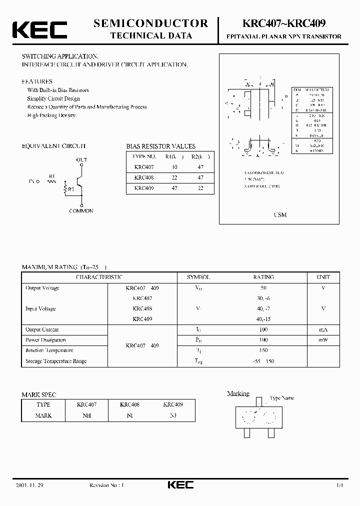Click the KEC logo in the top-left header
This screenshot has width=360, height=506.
39,29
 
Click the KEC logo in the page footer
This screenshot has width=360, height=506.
180,484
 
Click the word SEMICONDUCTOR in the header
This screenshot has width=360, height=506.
151,23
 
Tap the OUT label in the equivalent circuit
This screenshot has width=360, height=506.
81,159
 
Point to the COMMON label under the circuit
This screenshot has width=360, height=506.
81,211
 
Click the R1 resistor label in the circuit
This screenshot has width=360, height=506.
52,176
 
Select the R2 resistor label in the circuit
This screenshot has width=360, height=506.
70,189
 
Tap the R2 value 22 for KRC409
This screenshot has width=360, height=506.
200,188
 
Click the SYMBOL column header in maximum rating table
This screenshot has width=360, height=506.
198,277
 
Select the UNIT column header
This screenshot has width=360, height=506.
323,277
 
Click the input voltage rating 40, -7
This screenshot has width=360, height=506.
263,308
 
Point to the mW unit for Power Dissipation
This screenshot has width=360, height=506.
323,340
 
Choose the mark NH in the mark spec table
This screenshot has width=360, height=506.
86,415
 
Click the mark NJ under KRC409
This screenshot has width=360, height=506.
173,415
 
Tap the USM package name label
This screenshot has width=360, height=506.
280,214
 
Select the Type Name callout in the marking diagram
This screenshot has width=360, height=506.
282,398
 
